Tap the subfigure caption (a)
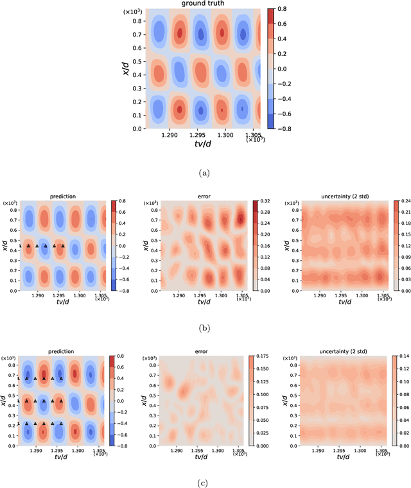tap(205, 172)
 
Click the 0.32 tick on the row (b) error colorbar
tap(268, 201)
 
